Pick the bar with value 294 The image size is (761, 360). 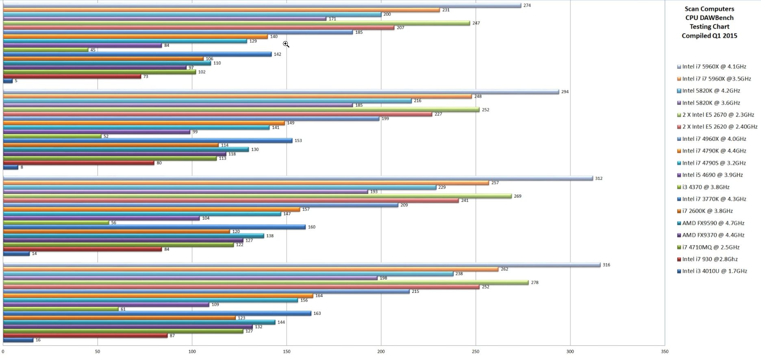coord(280,92)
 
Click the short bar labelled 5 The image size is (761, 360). coord(8,81)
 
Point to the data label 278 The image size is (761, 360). coord(535,283)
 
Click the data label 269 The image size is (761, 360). coord(517,196)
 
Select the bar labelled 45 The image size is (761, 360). coord(46,50)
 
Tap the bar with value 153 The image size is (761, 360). coord(148,141)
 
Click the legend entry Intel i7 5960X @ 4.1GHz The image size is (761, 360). coord(714,67)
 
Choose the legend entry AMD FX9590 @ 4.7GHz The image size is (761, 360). coord(713,223)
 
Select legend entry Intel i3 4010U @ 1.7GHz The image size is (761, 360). coord(714,271)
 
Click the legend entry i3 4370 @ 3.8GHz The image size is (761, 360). coord(706,187)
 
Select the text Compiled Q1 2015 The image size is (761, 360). coord(709,36)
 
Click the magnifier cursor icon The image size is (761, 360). coord(286,44)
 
